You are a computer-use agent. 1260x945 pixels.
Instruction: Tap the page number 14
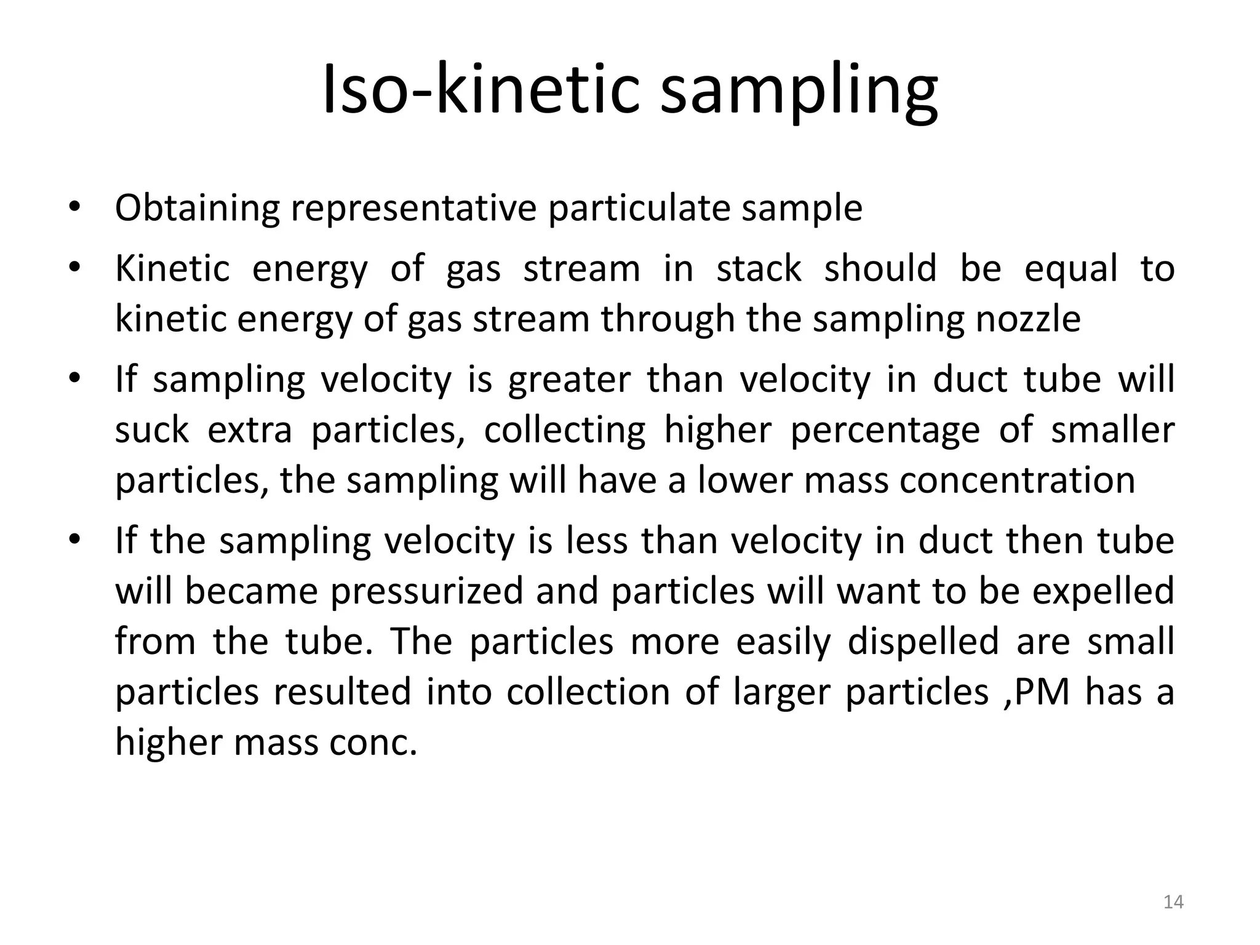pyautogui.click(x=1173, y=902)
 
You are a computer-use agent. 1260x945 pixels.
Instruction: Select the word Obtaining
pyautogui.click(x=197, y=208)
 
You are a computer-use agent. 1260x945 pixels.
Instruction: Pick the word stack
pyautogui.click(x=759, y=269)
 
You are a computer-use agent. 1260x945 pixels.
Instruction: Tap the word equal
pyautogui.click(x=1071, y=269)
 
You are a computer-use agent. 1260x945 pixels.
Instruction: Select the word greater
pyautogui.click(x=569, y=380)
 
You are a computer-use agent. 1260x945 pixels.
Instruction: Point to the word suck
pyautogui.click(x=151, y=430)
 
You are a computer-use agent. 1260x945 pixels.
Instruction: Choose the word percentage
pyautogui.click(x=885, y=430)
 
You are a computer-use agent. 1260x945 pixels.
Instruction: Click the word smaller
pyautogui.click(x=1112, y=430)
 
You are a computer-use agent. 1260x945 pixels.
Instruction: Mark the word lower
pyautogui.click(x=746, y=480)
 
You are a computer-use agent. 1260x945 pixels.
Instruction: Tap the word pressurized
pyautogui.click(x=426, y=591)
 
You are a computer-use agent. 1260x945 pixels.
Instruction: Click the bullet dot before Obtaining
pyautogui.click(x=74, y=207)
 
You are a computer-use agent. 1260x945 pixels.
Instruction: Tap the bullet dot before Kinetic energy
pyautogui.click(x=74, y=269)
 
